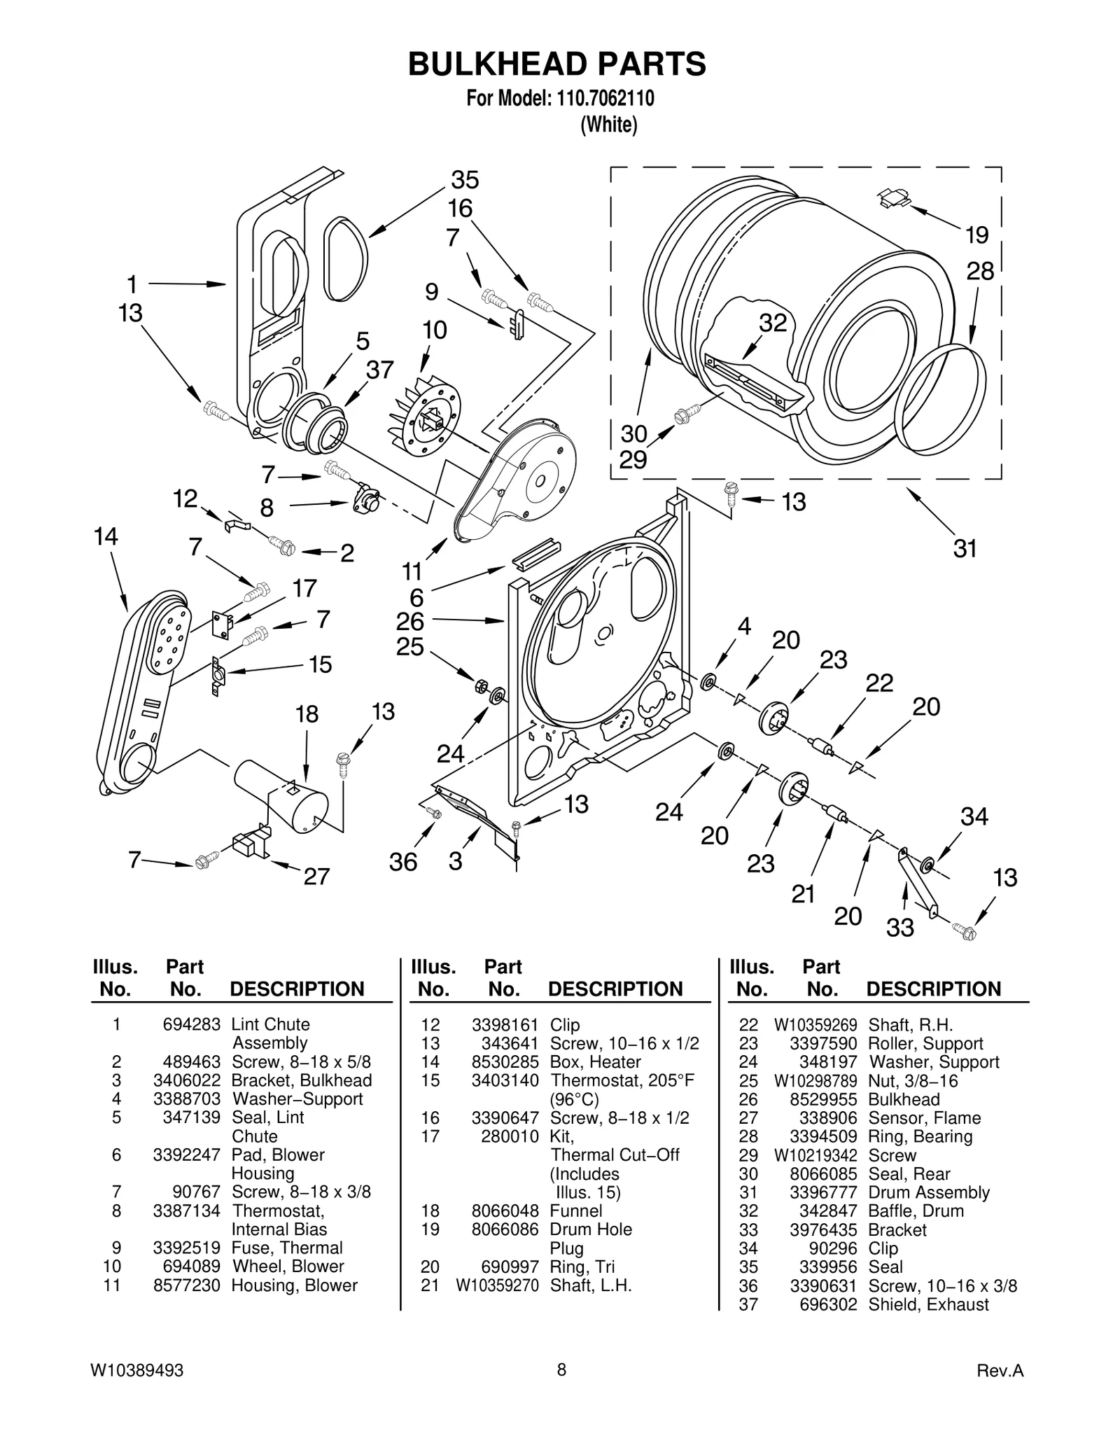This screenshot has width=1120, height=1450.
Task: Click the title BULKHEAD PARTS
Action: coord(557,64)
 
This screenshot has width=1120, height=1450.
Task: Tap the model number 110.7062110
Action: coord(605,99)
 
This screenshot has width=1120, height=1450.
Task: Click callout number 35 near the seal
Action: coord(465,180)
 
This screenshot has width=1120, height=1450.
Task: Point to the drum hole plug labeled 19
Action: coord(894,199)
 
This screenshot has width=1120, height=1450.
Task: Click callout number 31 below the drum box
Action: coord(965,548)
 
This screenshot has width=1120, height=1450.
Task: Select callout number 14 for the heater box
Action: coord(106,537)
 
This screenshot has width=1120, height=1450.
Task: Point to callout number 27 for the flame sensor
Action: coord(316,876)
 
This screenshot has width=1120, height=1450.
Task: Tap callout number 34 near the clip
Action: coord(974,816)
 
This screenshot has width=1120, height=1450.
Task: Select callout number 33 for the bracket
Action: coord(900,928)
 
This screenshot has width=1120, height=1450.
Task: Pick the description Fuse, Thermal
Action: coord(287,1248)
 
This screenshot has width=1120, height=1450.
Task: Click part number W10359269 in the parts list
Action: coord(815,1025)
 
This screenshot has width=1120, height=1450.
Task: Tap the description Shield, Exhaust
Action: coord(928,1304)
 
